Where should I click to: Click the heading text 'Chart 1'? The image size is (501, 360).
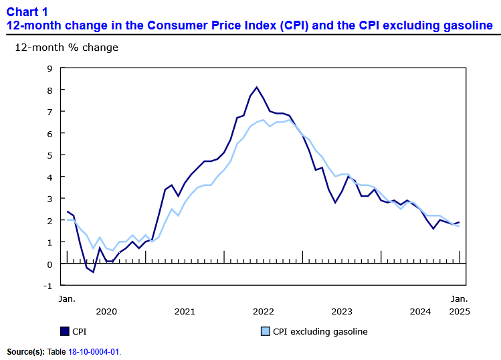27,11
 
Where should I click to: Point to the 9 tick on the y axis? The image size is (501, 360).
49,68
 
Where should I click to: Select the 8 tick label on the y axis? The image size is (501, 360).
49,90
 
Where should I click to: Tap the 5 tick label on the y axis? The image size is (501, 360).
49,155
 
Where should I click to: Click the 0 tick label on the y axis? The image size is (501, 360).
49,264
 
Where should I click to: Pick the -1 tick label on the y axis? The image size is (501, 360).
47,285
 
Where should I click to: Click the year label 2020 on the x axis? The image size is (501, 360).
106,311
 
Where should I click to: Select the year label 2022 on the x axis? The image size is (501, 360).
264,311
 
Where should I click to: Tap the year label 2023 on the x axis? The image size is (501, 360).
342,311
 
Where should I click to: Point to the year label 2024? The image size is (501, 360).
420,311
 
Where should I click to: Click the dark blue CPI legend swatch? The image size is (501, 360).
65,331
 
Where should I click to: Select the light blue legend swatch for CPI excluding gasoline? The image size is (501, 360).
264,331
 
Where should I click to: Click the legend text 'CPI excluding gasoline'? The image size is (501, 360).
320,331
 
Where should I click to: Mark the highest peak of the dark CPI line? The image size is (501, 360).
257,87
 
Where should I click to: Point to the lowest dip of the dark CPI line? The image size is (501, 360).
94,272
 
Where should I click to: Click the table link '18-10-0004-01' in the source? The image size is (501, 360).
94,351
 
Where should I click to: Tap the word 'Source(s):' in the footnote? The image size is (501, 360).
25,351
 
